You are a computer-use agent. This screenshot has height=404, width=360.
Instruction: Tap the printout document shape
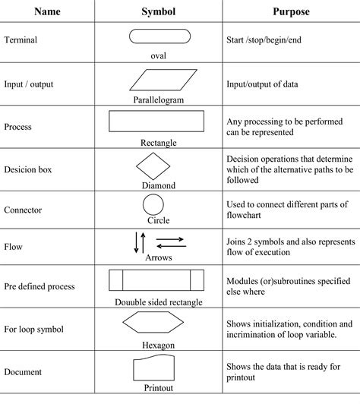(157, 369)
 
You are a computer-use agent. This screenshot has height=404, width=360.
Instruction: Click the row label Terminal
(22, 39)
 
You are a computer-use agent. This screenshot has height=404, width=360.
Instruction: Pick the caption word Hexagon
(157, 345)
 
